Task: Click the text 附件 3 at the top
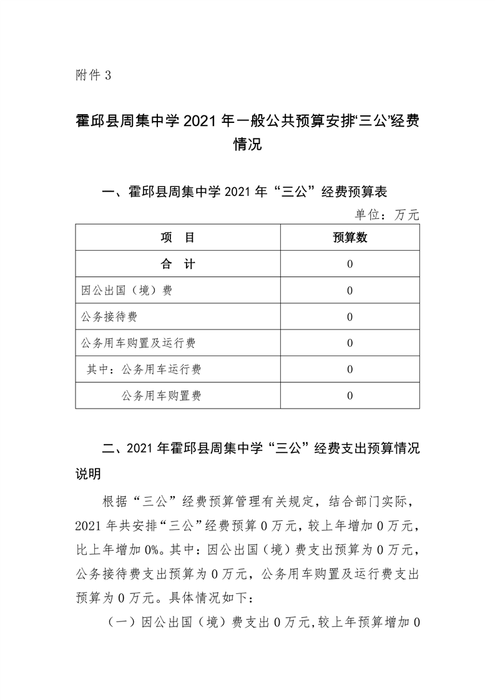tap(92, 76)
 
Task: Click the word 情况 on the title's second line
tap(247, 146)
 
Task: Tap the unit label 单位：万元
tap(387, 215)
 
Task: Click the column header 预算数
tap(350, 238)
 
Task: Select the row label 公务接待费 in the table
tap(109, 317)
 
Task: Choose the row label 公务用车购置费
tap(162, 396)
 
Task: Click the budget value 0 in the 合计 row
tap(350, 264)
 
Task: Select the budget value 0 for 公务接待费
tap(350, 317)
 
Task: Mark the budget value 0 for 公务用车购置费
tap(350, 396)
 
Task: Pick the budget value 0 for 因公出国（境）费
tap(350, 290)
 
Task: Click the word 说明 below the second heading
tap(88, 475)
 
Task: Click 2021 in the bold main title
tap(199, 121)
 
